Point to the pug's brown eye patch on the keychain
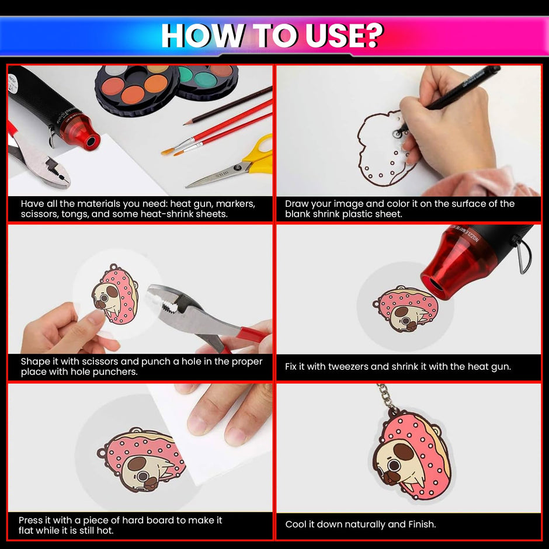point(404,451)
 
